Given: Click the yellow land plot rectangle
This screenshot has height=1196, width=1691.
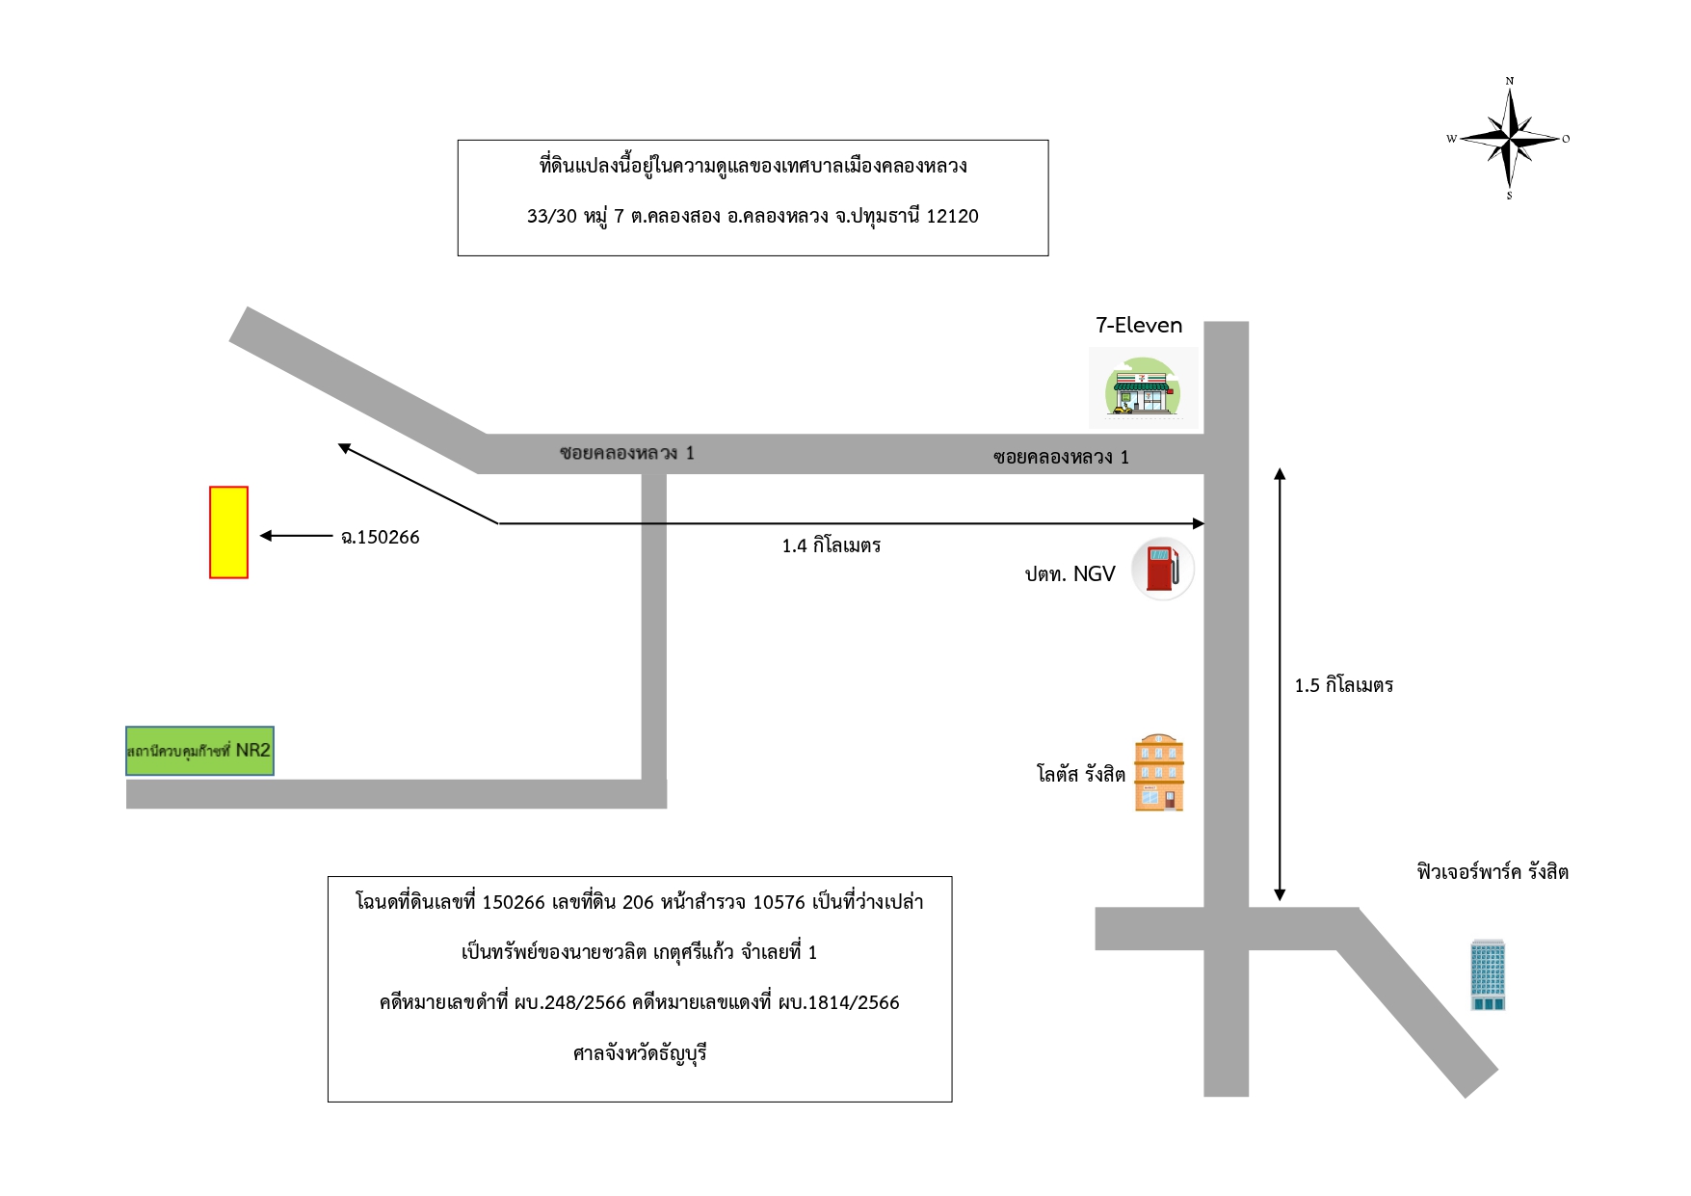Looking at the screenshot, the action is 228,532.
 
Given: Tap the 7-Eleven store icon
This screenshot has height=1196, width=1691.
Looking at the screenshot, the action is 1143,387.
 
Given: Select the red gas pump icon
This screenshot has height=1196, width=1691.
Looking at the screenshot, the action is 1163,569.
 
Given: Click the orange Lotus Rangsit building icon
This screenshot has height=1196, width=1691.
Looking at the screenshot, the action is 1159,773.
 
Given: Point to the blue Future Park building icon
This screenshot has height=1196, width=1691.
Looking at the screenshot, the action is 1488,974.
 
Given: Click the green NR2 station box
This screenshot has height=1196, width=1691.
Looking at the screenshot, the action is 199,751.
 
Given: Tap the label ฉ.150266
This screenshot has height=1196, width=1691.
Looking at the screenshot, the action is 381,538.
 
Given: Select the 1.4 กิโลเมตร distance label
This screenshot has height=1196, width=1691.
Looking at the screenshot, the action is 832,545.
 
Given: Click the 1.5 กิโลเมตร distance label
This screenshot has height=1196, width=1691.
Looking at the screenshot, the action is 1344,685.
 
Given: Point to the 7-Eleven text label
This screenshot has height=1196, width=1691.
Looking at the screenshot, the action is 1139,325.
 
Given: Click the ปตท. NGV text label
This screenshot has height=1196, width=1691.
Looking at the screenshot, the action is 1070,574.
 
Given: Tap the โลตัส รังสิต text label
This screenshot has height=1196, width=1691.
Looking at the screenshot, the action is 1081,774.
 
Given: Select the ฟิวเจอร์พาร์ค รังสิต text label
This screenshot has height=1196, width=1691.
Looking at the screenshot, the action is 1493,872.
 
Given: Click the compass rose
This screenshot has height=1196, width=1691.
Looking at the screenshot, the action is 1510,139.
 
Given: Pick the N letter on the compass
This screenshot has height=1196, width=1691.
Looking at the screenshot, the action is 1510,81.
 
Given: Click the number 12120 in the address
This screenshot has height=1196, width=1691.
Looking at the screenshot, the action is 952,216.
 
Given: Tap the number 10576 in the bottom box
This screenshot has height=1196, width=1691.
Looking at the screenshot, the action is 779,902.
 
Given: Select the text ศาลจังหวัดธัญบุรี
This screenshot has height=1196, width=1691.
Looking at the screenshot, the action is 640,1053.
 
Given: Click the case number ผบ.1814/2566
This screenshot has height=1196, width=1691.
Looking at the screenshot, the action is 838,1002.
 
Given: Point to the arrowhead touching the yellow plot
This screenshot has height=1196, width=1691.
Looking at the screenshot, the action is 266,536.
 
